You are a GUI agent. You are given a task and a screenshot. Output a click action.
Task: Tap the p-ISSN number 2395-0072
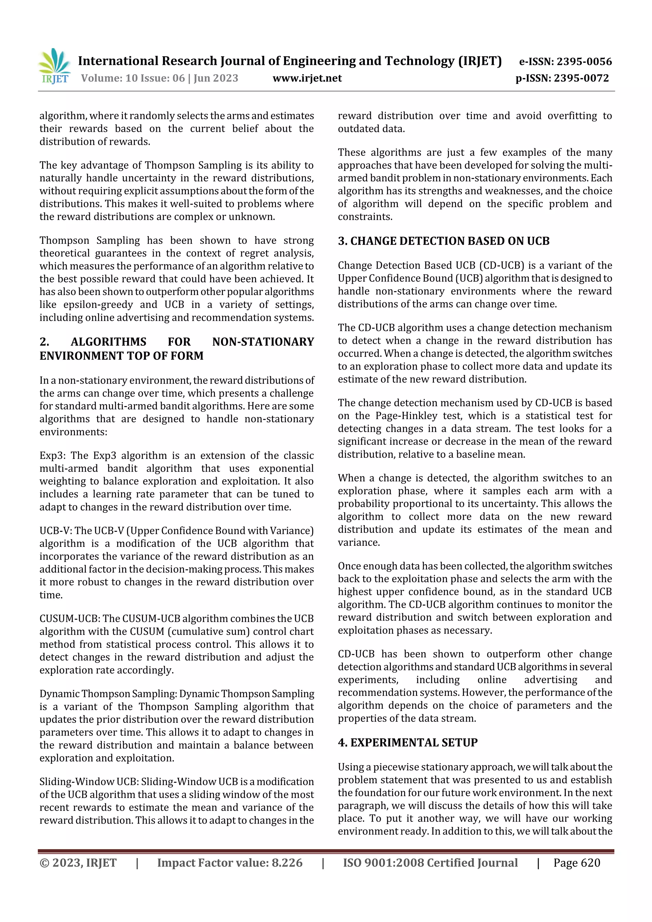[581, 78]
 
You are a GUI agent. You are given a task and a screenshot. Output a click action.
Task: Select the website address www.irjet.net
[307, 78]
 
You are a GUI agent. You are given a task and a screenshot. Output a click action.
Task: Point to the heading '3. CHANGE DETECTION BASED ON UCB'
[443, 241]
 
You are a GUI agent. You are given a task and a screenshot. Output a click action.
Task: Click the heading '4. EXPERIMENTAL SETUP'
[407, 743]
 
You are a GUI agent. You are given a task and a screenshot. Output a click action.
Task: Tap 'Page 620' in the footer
[577, 862]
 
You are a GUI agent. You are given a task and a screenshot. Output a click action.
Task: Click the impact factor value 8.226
[287, 862]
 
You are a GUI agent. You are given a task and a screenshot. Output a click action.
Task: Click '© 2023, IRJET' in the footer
[78, 862]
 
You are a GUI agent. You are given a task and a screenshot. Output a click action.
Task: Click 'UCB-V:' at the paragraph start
[55, 531]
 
